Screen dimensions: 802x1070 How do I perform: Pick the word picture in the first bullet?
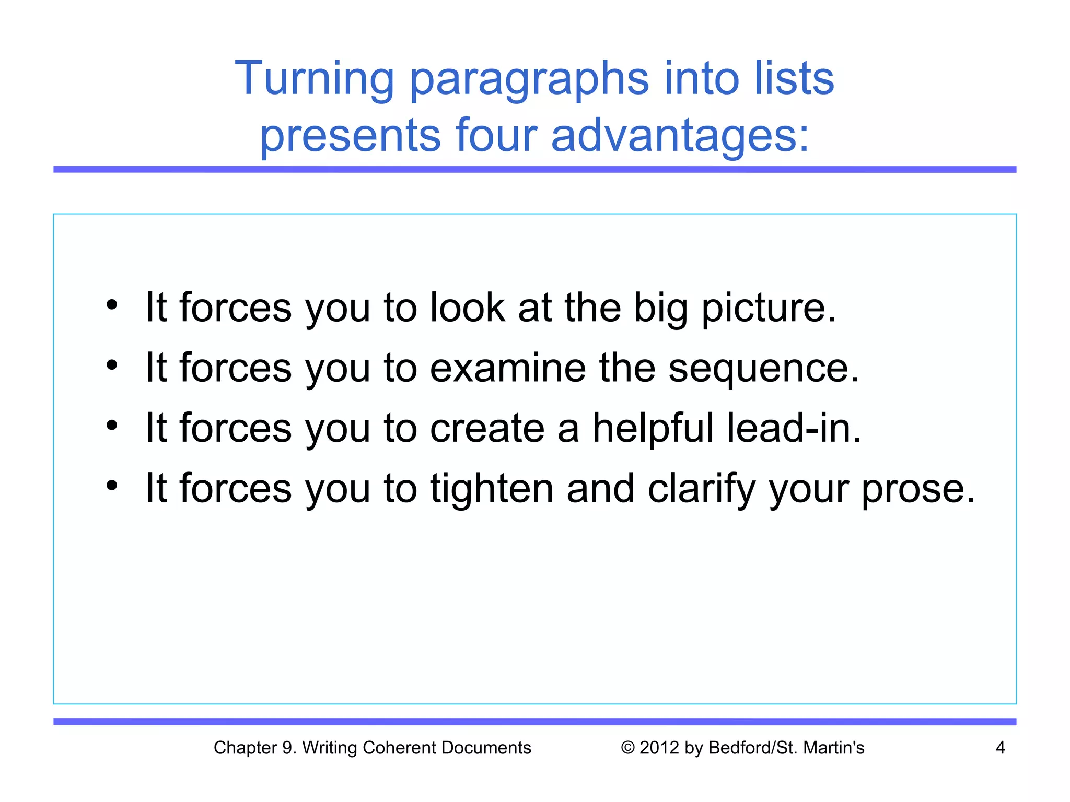[x=768, y=308]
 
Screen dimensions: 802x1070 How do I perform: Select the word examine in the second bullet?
[x=507, y=368]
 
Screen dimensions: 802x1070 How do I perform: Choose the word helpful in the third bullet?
[x=652, y=428]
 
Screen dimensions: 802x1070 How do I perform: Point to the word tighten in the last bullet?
[x=491, y=489]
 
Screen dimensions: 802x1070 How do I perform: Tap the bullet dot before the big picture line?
[x=111, y=304]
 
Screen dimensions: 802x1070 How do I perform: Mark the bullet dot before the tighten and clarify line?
[x=111, y=486]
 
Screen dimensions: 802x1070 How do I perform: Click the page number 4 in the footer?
[x=1000, y=748]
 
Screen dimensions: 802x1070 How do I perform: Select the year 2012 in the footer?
[x=660, y=748]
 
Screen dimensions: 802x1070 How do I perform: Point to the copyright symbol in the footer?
[x=627, y=748]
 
